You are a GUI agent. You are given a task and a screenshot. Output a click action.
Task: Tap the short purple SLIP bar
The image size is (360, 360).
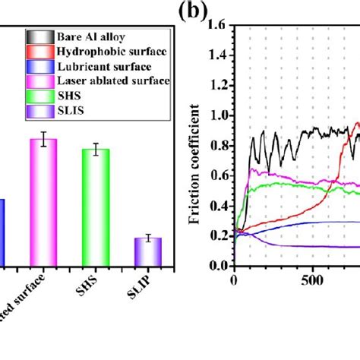click(148, 251)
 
